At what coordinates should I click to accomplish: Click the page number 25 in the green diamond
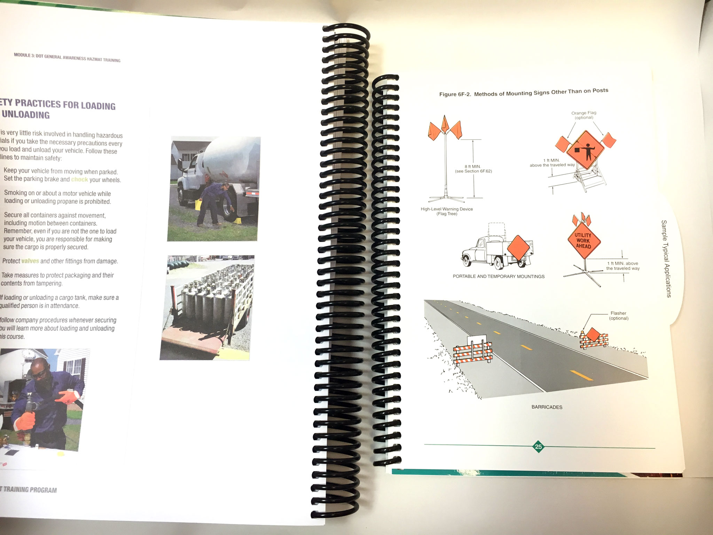click(x=538, y=447)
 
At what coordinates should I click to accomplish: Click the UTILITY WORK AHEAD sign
click(x=583, y=241)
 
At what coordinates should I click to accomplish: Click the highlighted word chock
click(x=80, y=179)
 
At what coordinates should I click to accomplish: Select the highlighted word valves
click(x=30, y=261)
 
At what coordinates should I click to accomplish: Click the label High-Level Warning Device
click(x=447, y=209)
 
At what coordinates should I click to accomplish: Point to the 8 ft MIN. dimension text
click(x=472, y=166)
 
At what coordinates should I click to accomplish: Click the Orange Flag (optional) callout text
click(x=584, y=115)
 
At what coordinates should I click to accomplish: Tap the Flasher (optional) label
click(x=618, y=316)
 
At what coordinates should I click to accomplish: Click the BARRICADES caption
click(x=547, y=407)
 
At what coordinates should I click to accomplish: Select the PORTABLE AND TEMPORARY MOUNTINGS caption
click(x=499, y=276)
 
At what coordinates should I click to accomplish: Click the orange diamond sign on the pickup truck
click(x=518, y=248)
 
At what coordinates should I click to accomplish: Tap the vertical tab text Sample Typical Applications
click(x=666, y=258)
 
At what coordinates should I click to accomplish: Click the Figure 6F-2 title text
click(x=524, y=92)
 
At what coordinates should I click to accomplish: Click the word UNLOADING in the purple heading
click(x=26, y=115)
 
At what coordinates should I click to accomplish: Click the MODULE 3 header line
click(x=67, y=57)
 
